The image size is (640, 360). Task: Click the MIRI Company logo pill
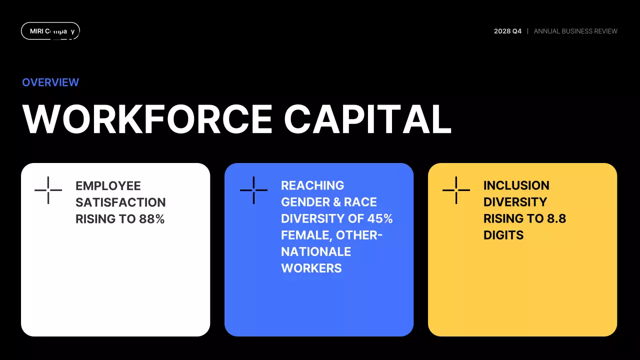click(x=50, y=31)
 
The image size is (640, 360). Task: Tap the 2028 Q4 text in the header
click(x=507, y=31)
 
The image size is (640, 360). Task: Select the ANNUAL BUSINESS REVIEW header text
click(x=575, y=31)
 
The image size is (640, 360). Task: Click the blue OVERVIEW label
click(x=50, y=82)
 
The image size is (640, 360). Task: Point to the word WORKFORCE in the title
click(x=147, y=119)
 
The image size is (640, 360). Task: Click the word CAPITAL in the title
click(x=367, y=119)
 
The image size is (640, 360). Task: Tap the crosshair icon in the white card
click(x=48, y=190)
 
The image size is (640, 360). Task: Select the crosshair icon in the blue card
click(x=253, y=190)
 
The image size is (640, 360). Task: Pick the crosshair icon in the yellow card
click(x=456, y=190)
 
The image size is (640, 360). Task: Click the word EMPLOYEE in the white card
click(x=108, y=186)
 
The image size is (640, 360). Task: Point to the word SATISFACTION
click(x=120, y=202)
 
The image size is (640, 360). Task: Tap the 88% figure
click(x=152, y=219)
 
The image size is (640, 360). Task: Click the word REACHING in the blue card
click(x=312, y=185)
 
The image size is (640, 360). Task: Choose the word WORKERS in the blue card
click(x=311, y=268)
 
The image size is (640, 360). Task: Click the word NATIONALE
click(x=316, y=251)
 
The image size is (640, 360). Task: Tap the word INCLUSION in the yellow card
click(x=516, y=185)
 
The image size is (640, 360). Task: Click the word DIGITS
click(x=503, y=235)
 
